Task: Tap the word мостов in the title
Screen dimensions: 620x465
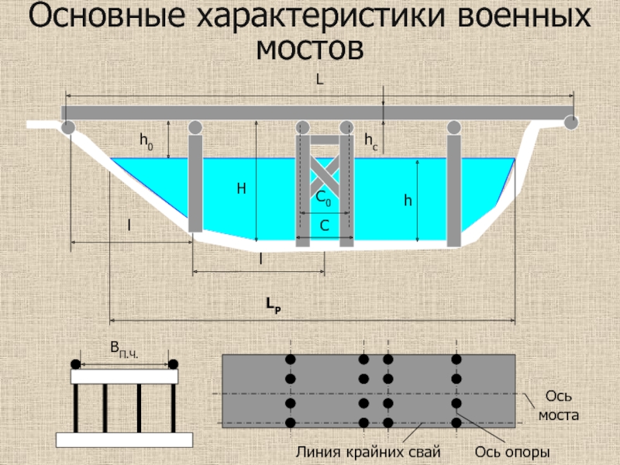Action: [310, 50]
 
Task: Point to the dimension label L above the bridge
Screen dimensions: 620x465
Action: [319, 80]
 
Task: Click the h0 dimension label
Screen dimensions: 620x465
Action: [146, 140]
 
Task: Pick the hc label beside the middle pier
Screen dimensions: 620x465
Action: [370, 140]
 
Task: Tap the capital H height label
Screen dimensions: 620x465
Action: [241, 188]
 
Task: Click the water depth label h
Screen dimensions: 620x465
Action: [408, 201]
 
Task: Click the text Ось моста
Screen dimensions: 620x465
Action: [559, 405]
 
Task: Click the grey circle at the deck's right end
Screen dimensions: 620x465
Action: [572, 122]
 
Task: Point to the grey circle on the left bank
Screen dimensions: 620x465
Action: [68, 127]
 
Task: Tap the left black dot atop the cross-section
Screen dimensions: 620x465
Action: [75, 364]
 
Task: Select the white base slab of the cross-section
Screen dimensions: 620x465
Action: [124, 439]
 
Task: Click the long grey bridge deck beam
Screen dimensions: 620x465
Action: [318, 113]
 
